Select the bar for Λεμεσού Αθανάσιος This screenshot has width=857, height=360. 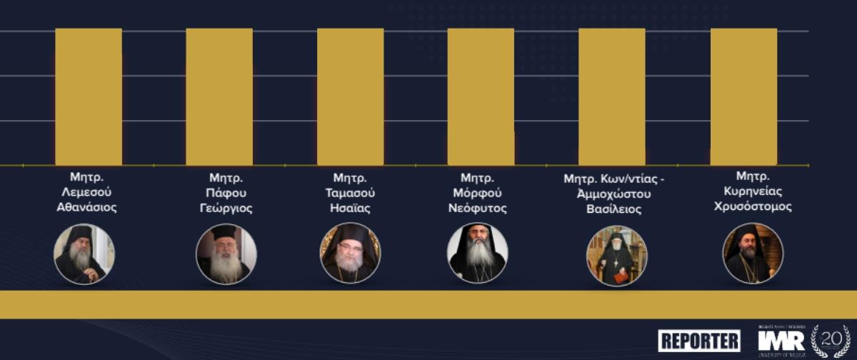(x=89, y=96)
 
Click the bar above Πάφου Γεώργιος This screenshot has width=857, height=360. (x=219, y=96)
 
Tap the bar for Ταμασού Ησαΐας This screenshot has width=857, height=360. (x=350, y=96)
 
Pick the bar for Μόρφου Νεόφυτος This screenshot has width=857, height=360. (x=481, y=96)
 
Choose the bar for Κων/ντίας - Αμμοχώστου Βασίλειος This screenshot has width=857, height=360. (x=611, y=96)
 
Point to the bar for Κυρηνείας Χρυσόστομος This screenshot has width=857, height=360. (x=743, y=96)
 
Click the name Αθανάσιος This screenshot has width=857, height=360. (x=86, y=209)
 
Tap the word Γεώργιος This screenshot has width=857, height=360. (x=226, y=209)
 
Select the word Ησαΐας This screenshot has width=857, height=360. (x=350, y=209)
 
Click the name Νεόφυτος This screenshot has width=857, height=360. (x=478, y=209)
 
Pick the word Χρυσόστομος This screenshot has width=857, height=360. (x=753, y=206)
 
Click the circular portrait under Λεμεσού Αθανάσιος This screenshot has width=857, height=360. (x=84, y=254)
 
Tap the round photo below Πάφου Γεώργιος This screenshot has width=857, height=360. (x=226, y=254)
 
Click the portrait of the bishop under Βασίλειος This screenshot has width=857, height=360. (x=616, y=255)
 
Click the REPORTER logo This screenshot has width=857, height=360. (x=699, y=340)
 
